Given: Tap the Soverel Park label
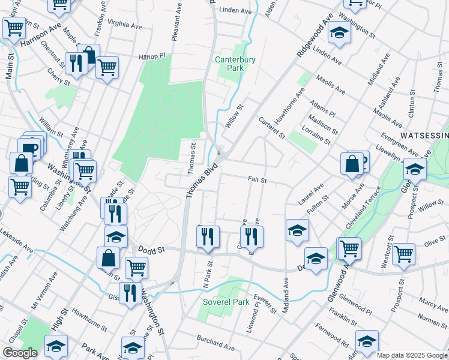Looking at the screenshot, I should [226, 302].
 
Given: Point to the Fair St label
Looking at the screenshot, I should [257, 179].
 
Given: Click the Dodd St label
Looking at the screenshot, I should [151, 248].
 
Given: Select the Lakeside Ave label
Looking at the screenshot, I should [16, 239].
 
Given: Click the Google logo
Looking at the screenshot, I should [20, 353].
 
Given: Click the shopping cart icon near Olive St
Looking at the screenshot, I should [404, 254].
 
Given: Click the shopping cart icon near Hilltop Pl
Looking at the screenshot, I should [107, 67].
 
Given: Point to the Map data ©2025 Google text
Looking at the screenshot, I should [412, 355].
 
